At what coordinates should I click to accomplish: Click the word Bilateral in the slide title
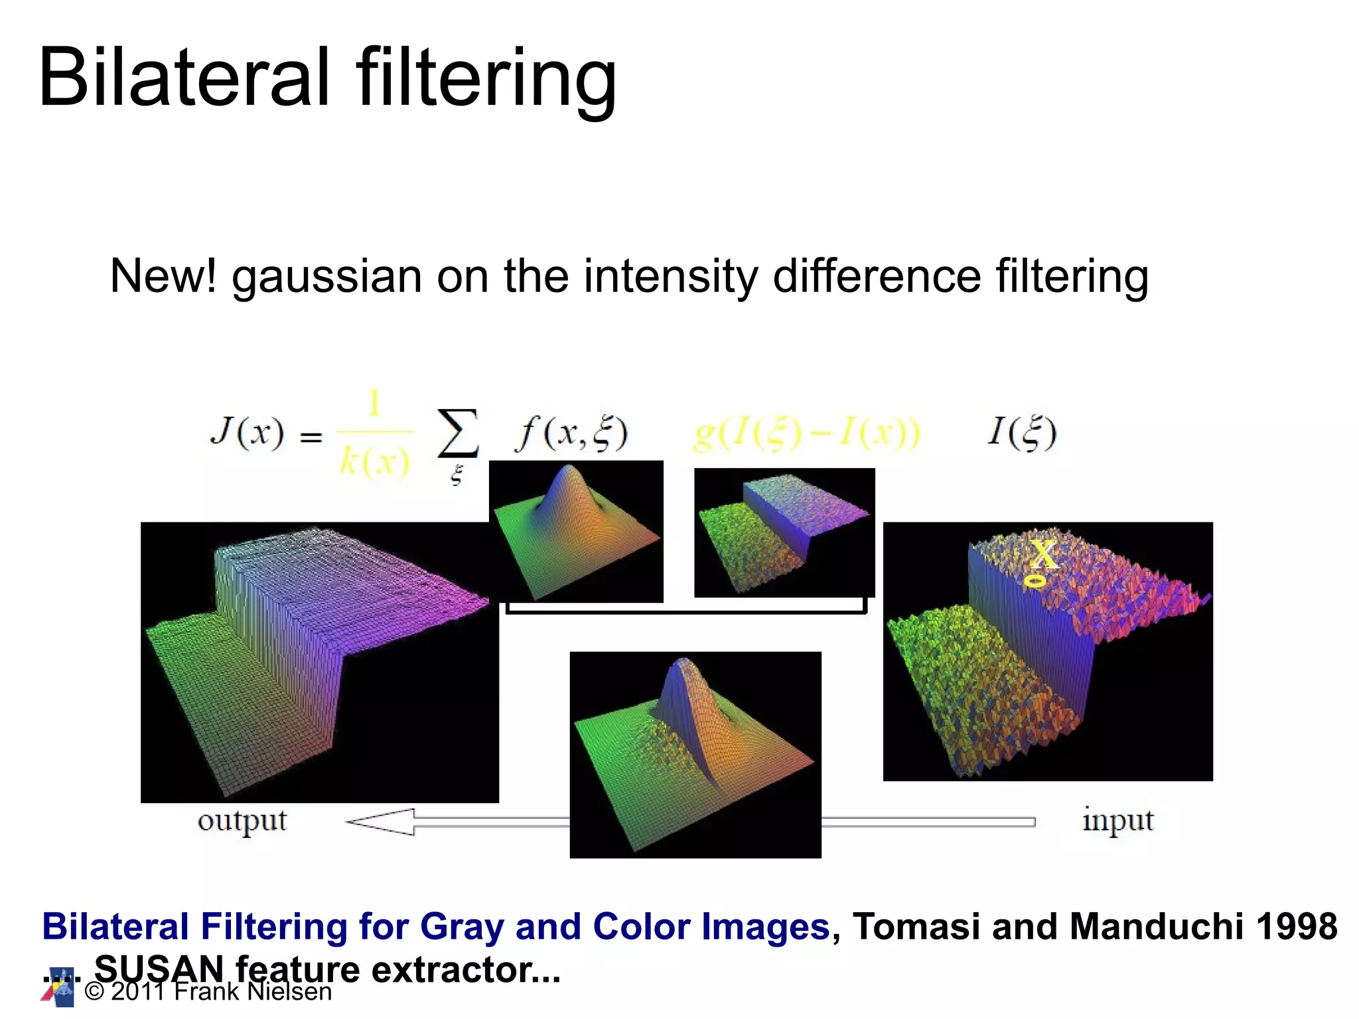tap(184, 78)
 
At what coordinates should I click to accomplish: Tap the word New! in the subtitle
tap(163, 276)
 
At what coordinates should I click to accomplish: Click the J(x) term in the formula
tap(247, 433)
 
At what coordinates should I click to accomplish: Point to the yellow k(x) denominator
tap(374, 461)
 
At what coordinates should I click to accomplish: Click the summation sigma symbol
tap(457, 433)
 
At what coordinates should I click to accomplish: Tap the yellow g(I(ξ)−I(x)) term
tap(806, 433)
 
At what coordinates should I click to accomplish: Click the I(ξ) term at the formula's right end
tap(1021, 432)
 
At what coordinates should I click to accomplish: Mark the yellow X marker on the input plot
tap(1044, 554)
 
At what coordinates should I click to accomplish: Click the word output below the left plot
tap(242, 822)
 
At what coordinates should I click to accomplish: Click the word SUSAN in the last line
tap(159, 969)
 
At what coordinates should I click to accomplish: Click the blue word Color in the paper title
tap(641, 927)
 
